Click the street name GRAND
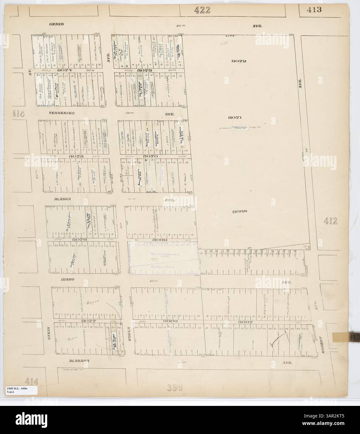(56, 24)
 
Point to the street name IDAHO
(58, 280)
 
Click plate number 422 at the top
(202, 10)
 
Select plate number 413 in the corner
(314, 9)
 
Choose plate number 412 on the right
(331, 221)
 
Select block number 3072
(239, 61)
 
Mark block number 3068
(240, 211)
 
